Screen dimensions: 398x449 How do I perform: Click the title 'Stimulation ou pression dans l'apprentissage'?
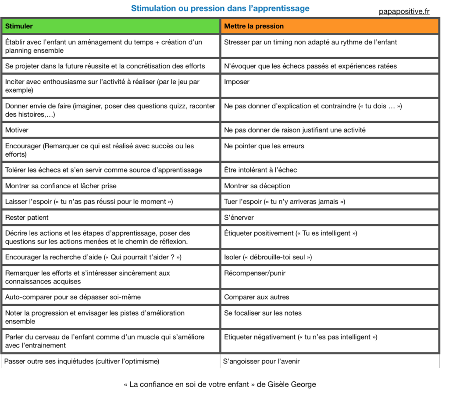(x=220, y=8)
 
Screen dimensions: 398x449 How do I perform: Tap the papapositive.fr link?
(x=404, y=11)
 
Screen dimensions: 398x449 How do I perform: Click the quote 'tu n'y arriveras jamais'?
(x=304, y=202)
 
